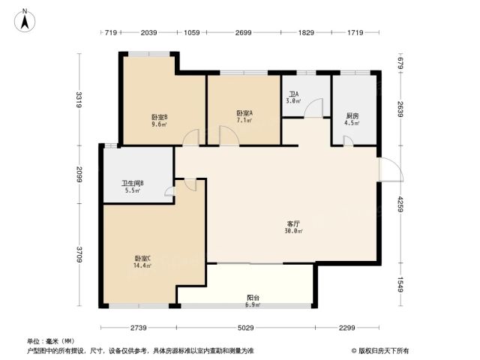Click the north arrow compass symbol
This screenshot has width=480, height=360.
tap(25, 21)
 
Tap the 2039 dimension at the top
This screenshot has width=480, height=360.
tap(148, 32)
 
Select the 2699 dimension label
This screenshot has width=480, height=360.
tap(243, 32)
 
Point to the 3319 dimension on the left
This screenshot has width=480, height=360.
tap(79, 100)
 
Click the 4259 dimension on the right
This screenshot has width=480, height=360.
tap(400, 205)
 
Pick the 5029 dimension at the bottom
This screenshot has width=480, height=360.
tap(246, 328)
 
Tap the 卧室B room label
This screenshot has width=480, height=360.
tap(160, 117)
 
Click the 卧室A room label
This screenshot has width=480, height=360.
tap(244, 113)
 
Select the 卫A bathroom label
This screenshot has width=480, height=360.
tap(294, 94)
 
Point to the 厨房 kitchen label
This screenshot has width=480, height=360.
tap(352, 116)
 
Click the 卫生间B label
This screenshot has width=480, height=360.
tap(133, 183)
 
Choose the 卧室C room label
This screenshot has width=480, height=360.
tap(142, 258)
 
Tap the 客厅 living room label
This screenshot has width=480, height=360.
tap(293, 224)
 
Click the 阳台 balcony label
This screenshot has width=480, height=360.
tap(253, 297)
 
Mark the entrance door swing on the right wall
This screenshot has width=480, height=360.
tap(391, 169)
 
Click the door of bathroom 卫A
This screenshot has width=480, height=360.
tap(313, 107)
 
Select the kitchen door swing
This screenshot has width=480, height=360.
tap(348, 141)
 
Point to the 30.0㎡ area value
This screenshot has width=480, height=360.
tap(293, 231)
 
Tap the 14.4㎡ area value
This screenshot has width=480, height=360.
tap(142, 265)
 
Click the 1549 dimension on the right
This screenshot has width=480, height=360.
tap(400, 284)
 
